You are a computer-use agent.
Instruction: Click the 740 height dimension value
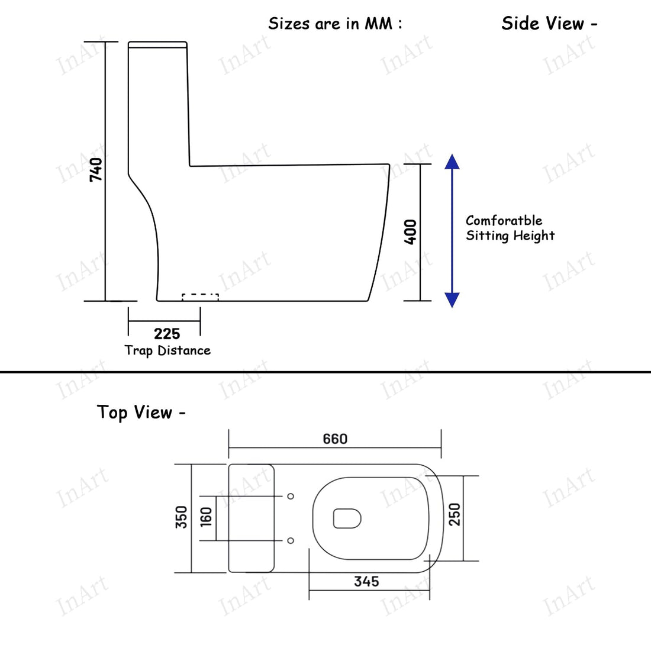[96, 169]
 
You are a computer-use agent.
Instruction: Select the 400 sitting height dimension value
[410, 231]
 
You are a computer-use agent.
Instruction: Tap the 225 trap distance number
[167, 334]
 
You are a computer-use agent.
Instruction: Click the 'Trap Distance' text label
[167, 350]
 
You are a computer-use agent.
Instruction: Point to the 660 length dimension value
[335, 439]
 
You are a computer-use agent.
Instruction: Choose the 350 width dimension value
[182, 517]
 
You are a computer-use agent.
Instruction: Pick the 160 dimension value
[206, 517]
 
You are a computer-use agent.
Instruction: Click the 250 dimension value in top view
[454, 515]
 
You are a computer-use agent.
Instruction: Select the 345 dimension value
[366, 582]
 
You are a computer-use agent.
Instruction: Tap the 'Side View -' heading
[549, 24]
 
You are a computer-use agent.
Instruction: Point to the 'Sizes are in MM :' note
[335, 24]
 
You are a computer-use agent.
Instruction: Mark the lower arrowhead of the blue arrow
[452, 300]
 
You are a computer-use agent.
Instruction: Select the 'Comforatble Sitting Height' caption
[510, 228]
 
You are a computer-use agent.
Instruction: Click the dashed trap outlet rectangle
[200, 297]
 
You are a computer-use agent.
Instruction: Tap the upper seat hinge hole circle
[291, 496]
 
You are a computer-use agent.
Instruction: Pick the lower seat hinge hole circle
[291, 540]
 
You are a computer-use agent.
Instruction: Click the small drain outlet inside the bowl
[347, 518]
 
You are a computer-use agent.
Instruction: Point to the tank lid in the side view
[158, 44]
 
